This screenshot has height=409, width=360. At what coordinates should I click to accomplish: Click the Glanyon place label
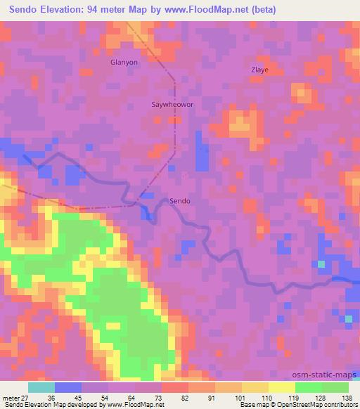124,62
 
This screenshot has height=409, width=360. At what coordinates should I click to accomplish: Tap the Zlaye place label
260,70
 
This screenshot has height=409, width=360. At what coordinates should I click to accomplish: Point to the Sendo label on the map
181,201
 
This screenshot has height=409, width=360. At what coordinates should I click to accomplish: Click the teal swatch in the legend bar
41,387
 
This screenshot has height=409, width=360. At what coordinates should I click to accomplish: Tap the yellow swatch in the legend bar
281,387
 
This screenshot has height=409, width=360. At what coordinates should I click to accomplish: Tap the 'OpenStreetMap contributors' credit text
315,405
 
